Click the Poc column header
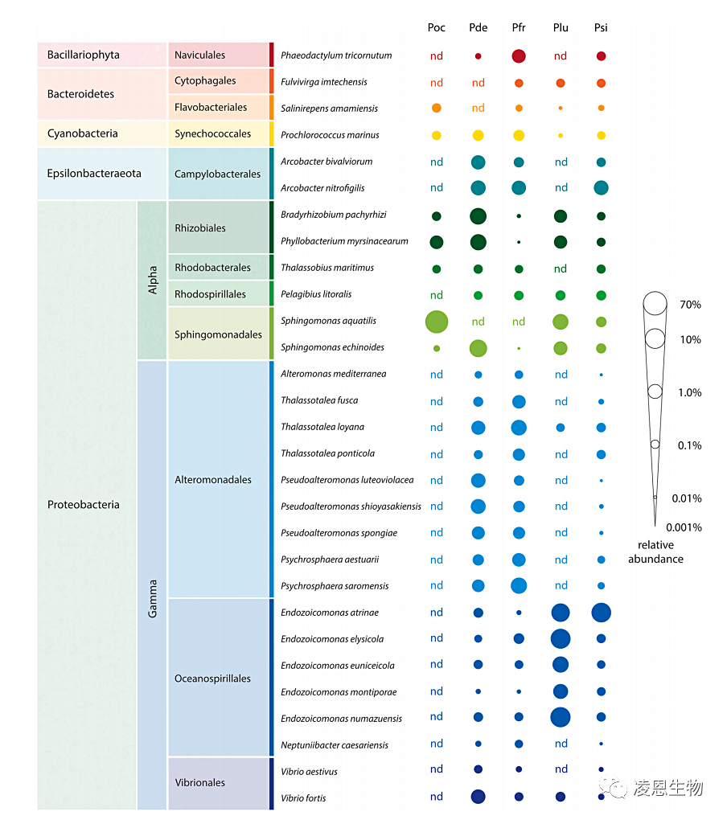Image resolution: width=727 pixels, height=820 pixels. point(436,27)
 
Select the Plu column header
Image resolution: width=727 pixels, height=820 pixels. point(561,27)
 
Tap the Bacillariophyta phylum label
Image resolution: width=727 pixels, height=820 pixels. point(83,55)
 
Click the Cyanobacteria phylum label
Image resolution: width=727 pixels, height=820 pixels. point(82,133)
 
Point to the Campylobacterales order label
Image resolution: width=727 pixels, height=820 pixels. point(217,174)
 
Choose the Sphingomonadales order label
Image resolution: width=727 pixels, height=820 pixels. point(218,334)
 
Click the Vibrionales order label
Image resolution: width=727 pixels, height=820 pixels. point(199,782)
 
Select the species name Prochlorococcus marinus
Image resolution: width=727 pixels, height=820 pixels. point(330,135)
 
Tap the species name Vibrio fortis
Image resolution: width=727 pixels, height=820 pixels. point(303,797)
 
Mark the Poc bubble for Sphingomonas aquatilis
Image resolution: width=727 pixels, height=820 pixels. point(436,322)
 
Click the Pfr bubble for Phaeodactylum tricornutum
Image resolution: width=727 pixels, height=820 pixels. point(519,56)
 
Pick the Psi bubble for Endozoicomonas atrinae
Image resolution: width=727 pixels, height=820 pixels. point(601,613)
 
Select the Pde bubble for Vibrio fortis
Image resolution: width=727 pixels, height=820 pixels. point(478,797)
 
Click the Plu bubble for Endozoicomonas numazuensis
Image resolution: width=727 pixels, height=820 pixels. point(561,717)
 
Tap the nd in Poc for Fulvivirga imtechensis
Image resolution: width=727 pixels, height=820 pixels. point(436,83)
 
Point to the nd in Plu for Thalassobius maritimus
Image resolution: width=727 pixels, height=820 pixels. point(561,269)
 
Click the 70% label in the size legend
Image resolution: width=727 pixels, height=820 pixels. point(690,305)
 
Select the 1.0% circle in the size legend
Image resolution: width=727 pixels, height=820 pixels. point(655,392)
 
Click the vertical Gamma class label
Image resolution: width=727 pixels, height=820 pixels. point(153,599)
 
